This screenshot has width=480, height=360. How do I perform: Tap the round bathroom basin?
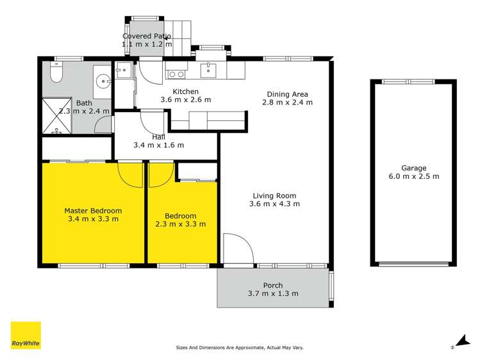point(103,81)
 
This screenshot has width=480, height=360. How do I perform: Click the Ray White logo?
point(26,335)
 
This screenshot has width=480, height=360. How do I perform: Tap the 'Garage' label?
point(413,167)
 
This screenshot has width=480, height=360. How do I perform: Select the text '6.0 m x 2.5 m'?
point(413,176)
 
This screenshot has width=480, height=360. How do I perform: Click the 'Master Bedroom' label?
point(93,210)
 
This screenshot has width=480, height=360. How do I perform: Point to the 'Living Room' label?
point(274,196)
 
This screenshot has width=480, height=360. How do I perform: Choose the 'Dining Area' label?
point(290,94)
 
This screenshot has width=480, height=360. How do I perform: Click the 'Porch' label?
point(273,286)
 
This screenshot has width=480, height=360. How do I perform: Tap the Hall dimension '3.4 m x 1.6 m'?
point(159,145)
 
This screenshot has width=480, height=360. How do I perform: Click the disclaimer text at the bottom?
point(240,348)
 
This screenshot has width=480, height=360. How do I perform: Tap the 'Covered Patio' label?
point(147,37)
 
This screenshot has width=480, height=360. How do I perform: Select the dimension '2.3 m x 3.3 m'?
point(180,224)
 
